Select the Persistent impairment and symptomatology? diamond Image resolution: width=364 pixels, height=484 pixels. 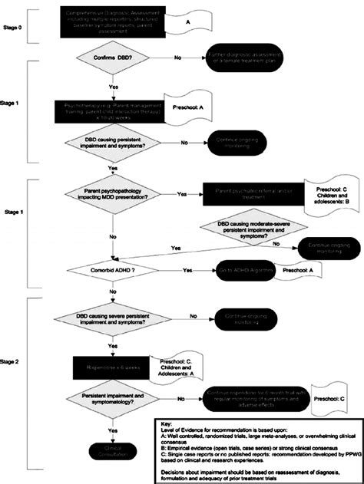pos(113,400)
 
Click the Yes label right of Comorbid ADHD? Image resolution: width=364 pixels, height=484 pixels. pos(187,270)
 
